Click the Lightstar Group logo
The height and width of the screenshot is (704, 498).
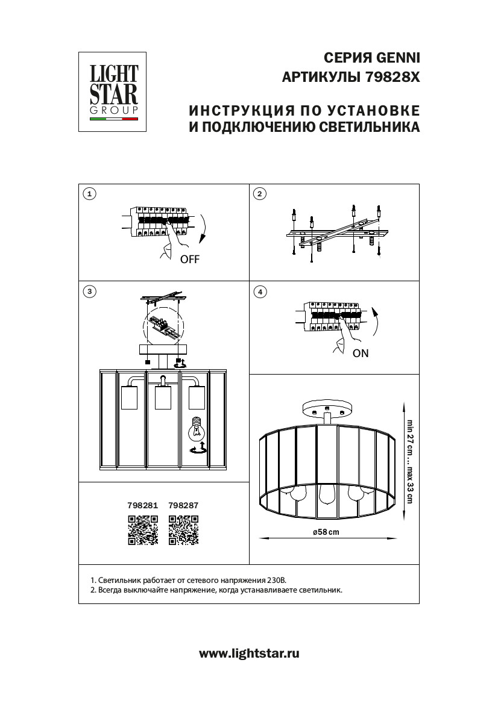(114, 91)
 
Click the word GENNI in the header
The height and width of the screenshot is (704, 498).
(397, 58)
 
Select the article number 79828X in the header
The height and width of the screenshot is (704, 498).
(392, 78)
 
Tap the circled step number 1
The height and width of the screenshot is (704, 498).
(89, 193)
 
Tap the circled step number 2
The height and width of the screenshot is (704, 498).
(259, 193)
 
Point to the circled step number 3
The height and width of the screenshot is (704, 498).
(89, 291)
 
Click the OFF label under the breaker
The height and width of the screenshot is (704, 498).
(189, 260)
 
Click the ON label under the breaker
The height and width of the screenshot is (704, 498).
(360, 354)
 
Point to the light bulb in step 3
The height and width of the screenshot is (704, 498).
(198, 428)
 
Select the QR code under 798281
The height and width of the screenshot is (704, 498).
(143, 531)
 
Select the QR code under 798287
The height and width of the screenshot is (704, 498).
(184, 531)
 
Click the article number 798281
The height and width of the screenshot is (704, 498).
(143, 506)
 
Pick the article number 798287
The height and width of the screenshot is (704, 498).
(184, 506)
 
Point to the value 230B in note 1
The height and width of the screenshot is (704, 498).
(277, 579)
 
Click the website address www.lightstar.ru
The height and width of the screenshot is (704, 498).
(248, 653)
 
